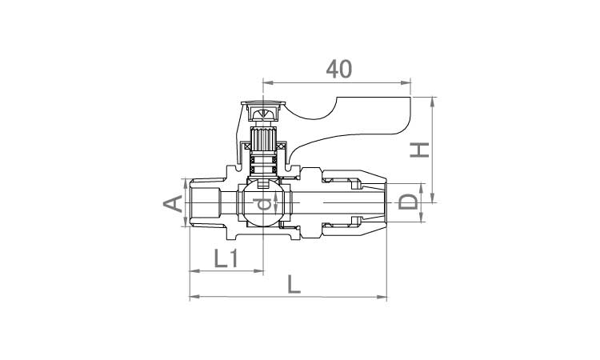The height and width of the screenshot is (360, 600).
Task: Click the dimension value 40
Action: pos(338,70)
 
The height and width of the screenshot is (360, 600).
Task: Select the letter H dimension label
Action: pos(420,150)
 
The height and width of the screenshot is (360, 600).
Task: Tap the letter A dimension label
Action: pos(173,203)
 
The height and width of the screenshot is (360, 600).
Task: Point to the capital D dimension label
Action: pos(408,202)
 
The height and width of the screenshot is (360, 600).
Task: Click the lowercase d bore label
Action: pos(265,203)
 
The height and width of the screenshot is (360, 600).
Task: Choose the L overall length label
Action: pos(294,284)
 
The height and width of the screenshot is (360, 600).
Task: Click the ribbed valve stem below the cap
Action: pos(263,139)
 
